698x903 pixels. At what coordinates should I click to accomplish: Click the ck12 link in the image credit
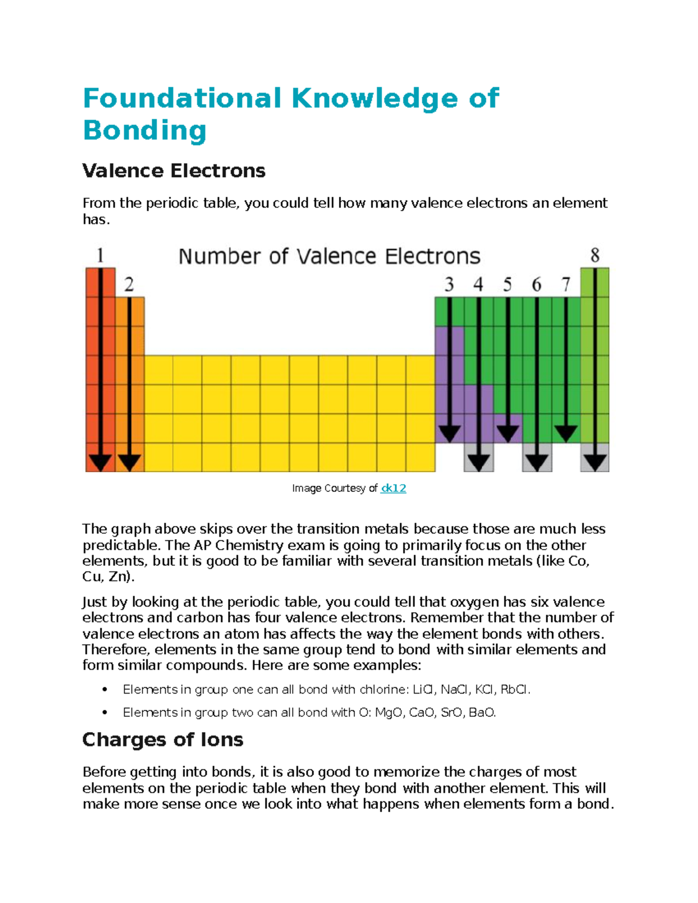[x=393, y=488]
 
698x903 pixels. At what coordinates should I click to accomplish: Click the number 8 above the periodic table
[x=594, y=256]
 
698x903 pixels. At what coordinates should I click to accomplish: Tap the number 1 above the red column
[x=100, y=256]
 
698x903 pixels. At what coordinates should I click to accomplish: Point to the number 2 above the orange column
[x=129, y=284]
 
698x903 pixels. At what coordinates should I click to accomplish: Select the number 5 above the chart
[x=507, y=284]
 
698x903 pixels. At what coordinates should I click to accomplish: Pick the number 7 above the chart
[x=565, y=284]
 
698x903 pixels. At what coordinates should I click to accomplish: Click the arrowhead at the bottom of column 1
[x=100, y=462]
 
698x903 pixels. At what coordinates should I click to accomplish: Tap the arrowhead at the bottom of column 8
[x=594, y=462]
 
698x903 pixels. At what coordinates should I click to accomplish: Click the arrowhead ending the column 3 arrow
[x=449, y=433]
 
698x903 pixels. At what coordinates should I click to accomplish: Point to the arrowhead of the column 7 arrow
[x=565, y=433]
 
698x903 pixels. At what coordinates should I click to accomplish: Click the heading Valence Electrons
[x=174, y=171]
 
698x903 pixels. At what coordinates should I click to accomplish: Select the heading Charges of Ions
[x=163, y=740]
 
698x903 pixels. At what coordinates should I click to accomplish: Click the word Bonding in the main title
[x=145, y=130]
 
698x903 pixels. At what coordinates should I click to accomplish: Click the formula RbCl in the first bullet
[x=514, y=690]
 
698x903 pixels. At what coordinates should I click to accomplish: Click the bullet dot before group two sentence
[x=105, y=713]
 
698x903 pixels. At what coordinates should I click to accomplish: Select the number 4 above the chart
[x=478, y=284]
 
